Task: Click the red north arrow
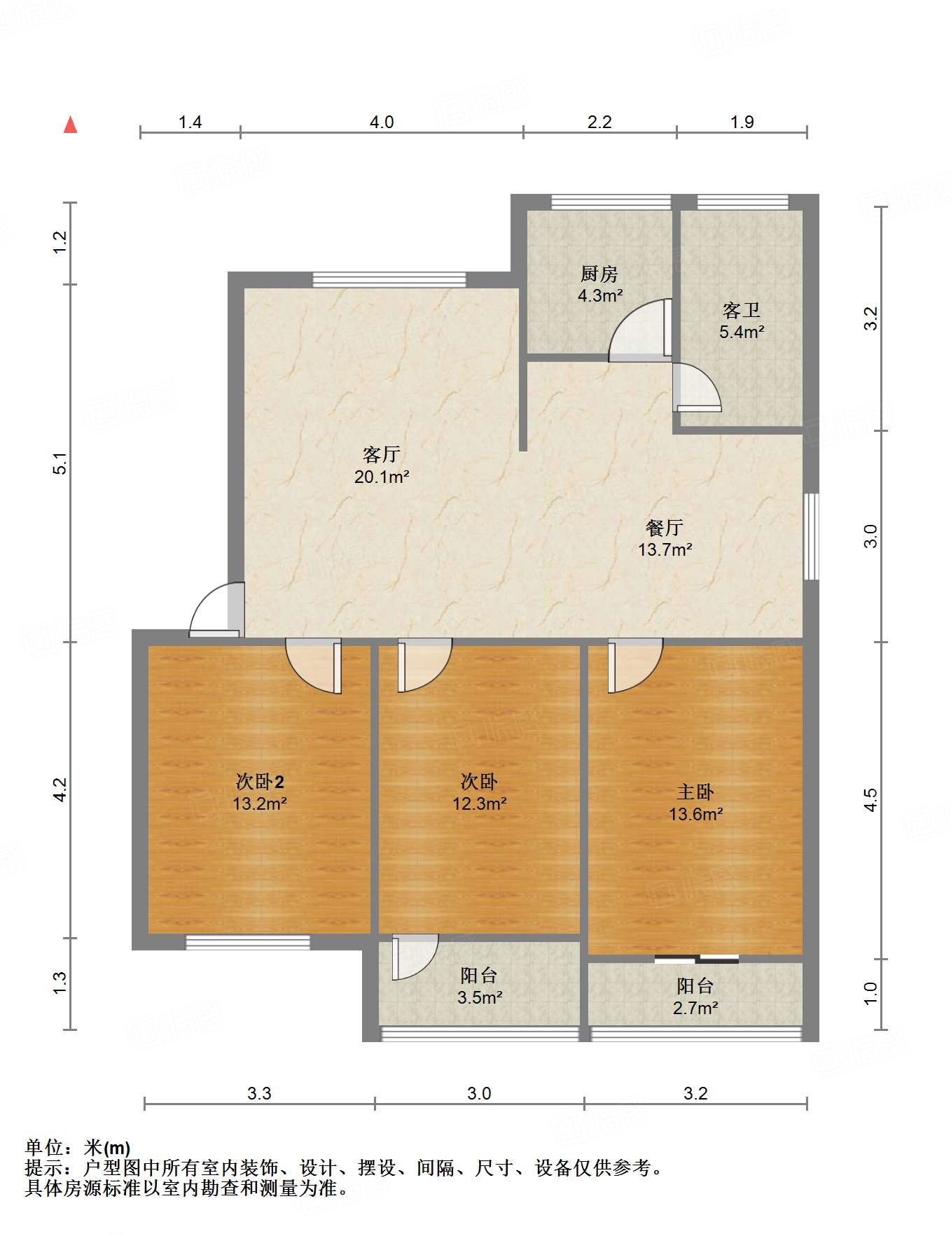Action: pyautogui.click(x=70, y=125)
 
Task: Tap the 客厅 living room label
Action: pyautogui.click(x=382, y=455)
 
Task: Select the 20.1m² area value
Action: pyautogui.click(x=382, y=477)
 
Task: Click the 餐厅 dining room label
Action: pyautogui.click(x=665, y=528)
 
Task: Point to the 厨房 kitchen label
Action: pyautogui.click(x=599, y=274)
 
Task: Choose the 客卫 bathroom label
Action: pyautogui.click(x=742, y=310)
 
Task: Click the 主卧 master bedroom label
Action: pyautogui.click(x=695, y=792)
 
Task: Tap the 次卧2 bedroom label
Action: pyautogui.click(x=260, y=782)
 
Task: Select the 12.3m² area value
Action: pyautogui.click(x=480, y=803)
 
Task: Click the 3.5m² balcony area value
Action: pyautogui.click(x=480, y=997)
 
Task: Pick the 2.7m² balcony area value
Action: pyautogui.click(x=695, y=1008)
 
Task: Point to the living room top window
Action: pyautogui.click(x=389, y=280)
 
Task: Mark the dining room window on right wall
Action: pyautogui.click(x=811, y=537)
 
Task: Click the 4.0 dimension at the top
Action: pyautogui.click(x=382, y=122)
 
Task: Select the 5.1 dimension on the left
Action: pyautogui.click(x=61, y=463)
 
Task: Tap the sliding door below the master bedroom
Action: pyautogui.click(x=696, y=959)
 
